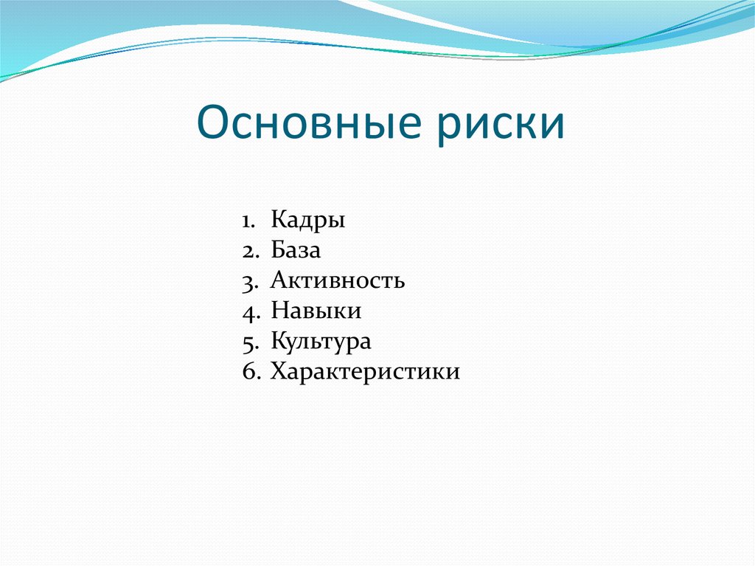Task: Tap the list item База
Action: [x=296, y=251]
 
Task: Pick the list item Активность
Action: [x=338, y=281]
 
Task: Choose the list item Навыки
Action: [x=316, y=311]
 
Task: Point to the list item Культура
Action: [x=321, y=342]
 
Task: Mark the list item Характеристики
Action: [x=365, y=371]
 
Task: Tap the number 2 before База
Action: [x=247, y=251]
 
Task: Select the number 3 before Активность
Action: [x=247, y=281]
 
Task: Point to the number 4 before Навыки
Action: [x=247, y=311]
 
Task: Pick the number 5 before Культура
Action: [x=247, y=342]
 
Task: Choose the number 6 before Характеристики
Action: [x=247, y=371]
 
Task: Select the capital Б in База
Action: [x=278, y=251]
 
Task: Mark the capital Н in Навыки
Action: [x=279, y=311]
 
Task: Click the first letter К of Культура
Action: [x=278, y=342]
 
